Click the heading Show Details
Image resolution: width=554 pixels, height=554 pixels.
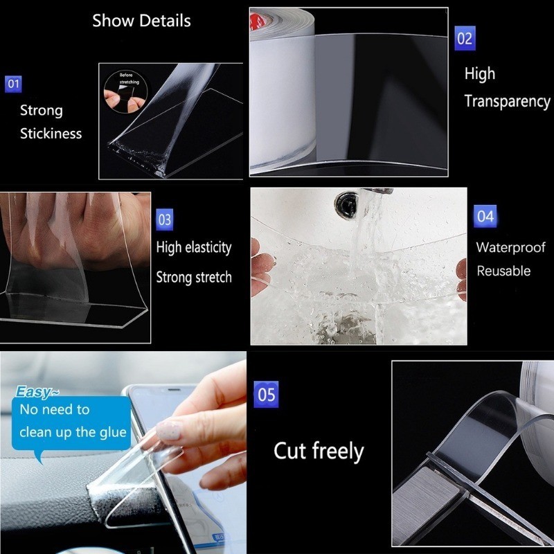tap(141, 21)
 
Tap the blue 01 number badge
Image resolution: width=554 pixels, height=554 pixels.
tap(13, 84)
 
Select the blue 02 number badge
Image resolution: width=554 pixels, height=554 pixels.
tap(465, 37)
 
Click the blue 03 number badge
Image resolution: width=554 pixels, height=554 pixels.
tap(164, 220)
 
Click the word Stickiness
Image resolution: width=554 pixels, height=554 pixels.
tap(51, 134)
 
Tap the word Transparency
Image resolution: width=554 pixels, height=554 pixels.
tap(507, 101)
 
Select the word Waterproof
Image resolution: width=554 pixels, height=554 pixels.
tap(510, 247)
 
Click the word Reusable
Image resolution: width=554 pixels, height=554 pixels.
tap(503, 271)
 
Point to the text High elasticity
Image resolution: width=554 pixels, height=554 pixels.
tap(193, 247)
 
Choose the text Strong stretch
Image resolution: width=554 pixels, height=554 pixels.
tap(193, 278)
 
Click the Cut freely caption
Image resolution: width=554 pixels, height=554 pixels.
tap(319, 451)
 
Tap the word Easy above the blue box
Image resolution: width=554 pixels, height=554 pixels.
tap(33, 393)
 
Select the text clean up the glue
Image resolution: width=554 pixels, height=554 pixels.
tap(73, 432)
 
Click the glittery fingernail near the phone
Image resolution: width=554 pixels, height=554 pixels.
tap(168, 431)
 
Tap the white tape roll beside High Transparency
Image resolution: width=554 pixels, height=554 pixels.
tap(280, 90)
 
